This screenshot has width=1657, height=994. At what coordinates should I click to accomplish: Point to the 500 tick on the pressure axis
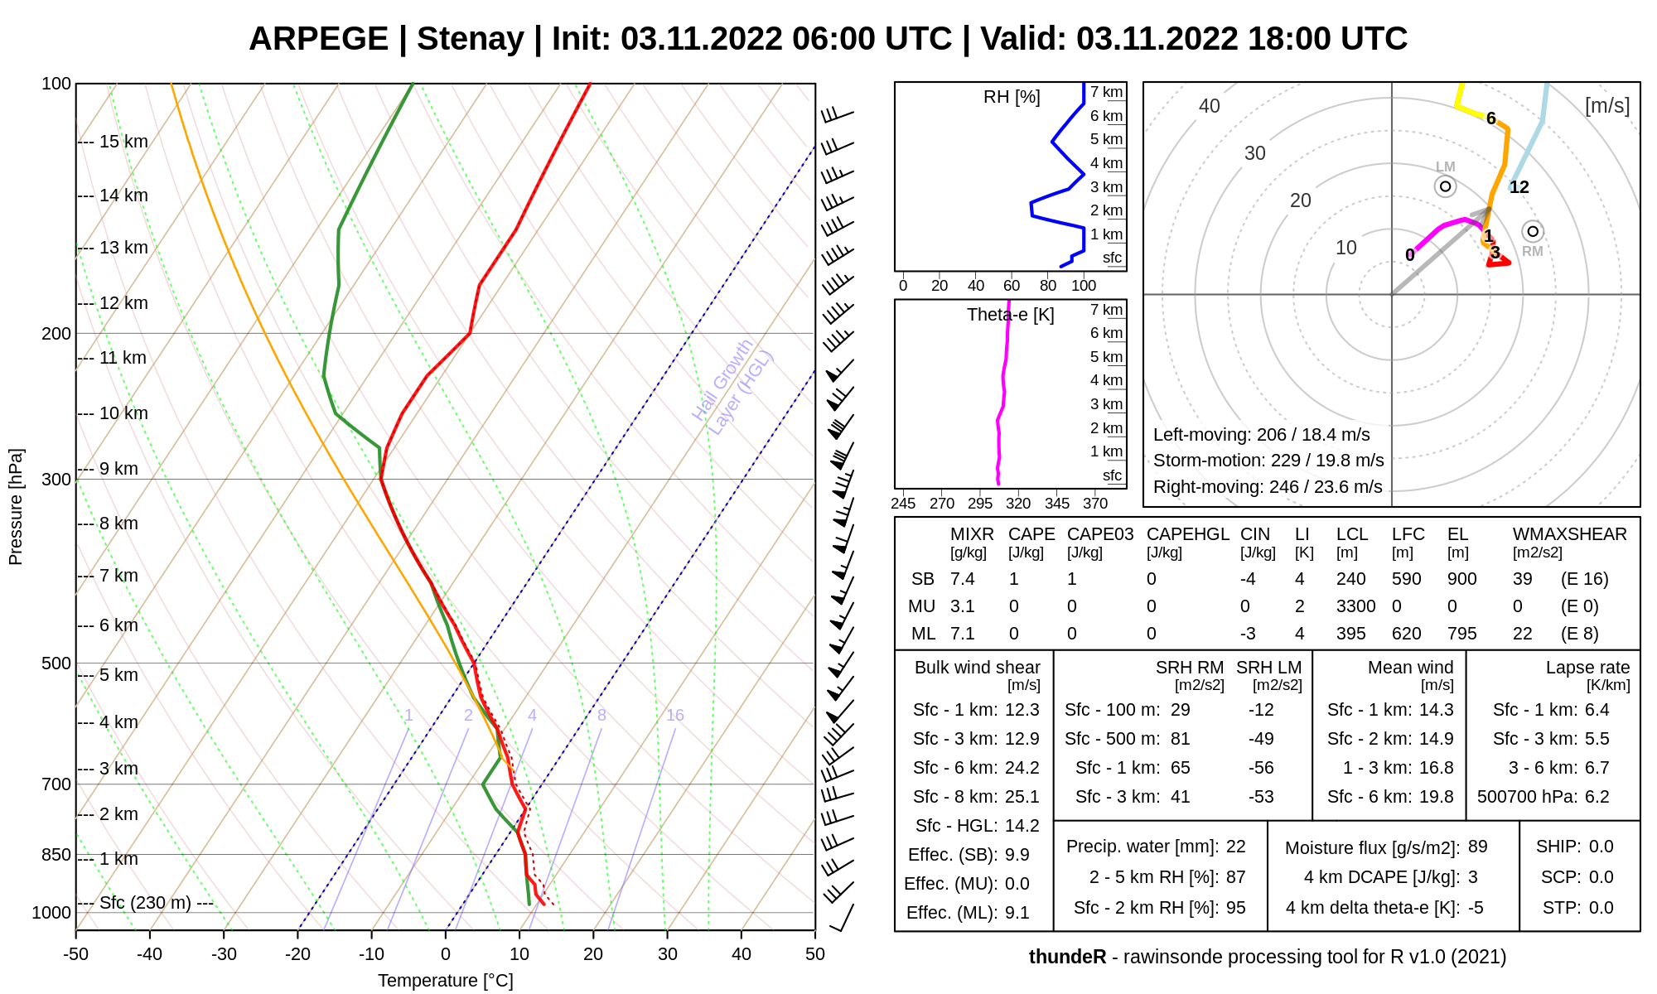[56, 663]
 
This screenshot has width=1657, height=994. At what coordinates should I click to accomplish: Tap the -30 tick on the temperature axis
[224, 953]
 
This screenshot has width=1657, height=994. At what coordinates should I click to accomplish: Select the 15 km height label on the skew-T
[123, 142]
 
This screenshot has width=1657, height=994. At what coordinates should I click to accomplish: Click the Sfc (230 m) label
[145, 903]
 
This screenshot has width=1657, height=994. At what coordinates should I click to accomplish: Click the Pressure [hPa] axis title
[16, 507]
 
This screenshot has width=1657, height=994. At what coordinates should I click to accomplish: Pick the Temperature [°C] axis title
[446, 981]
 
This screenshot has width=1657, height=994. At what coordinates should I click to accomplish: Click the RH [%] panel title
[1012, 97]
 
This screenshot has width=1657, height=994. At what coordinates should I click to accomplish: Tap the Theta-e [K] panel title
[1011, 315]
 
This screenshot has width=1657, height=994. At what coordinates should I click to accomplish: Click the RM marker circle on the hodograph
[1533, 231]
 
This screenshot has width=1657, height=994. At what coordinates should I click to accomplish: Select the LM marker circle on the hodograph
[1446, 186]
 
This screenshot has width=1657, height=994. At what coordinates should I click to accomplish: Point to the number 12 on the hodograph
[1519, 187]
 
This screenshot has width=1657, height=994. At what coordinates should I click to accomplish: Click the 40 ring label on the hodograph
[1210, 106]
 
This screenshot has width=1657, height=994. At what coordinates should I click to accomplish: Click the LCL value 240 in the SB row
[1350, 579]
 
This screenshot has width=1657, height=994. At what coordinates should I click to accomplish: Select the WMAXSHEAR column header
[1570, 534]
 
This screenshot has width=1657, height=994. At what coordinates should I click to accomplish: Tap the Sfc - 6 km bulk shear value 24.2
[1022, 768]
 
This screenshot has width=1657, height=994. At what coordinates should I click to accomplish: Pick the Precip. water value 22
[1236, 847]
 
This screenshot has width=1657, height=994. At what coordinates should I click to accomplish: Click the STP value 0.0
[1601, 908]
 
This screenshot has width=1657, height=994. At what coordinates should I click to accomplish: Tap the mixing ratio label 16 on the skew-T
[675, 715]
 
